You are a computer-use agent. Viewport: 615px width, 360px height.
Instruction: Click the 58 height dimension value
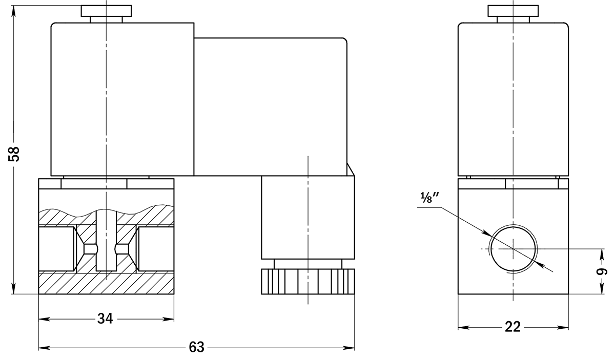coord(14,154)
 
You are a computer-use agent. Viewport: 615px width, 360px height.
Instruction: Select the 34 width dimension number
coord(105,319)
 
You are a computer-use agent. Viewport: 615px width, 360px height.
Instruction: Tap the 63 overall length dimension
coord(197,347)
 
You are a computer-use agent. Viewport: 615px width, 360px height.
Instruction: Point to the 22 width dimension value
coord(512,327)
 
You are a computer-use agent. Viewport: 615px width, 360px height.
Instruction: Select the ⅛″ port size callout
coord(430,198)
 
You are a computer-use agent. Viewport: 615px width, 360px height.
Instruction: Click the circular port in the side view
coord(513,249)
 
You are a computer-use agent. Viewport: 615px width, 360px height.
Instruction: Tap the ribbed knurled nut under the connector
coord(308,282)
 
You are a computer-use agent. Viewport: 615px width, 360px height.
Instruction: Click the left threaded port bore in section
coord(56,248)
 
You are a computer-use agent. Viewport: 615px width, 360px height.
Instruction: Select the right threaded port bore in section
coord(156,248)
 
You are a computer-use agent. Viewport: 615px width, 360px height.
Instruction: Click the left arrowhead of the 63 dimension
coord(44,348)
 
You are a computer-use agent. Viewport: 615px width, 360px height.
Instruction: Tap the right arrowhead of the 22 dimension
coord(563,327)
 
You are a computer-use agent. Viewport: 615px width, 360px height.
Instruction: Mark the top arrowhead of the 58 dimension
coord(13,11)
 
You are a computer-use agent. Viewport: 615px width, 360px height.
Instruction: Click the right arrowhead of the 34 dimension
coord(169,319)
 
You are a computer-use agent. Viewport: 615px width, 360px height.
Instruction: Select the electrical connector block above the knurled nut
coord(308,217)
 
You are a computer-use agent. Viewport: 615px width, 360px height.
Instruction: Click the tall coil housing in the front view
coord(122,99)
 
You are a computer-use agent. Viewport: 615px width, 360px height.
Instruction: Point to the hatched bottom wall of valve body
coord(106,283)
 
